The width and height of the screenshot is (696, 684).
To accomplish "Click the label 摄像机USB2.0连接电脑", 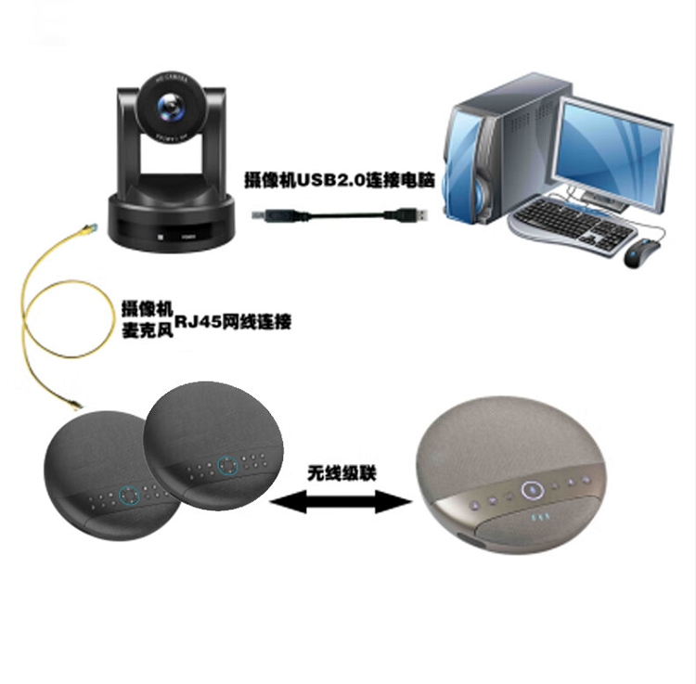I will [338, 181].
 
